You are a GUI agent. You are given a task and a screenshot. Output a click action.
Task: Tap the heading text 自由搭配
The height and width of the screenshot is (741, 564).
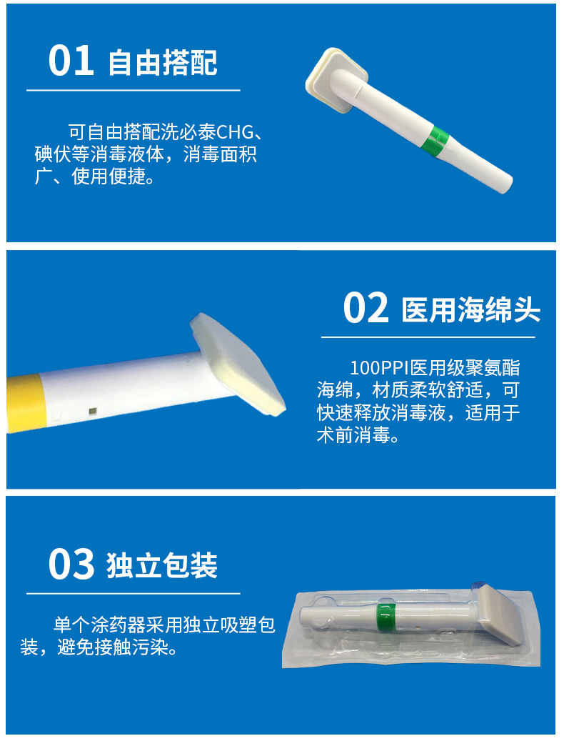coord(163,63)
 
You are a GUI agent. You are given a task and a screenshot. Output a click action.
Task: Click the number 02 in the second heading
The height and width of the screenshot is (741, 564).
coord(366,308)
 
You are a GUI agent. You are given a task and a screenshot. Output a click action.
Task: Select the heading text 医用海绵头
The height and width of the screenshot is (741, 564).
coord(471,310)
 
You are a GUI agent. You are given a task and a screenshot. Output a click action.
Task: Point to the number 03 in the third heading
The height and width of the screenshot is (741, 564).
coord(71,564)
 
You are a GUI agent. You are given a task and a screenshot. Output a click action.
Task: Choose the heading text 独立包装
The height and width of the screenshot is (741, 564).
coord(163,566)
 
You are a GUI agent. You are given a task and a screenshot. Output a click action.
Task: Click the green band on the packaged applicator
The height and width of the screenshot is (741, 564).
coord(386,614)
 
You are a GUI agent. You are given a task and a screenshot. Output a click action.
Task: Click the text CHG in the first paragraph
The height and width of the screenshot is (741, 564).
coord(235,133)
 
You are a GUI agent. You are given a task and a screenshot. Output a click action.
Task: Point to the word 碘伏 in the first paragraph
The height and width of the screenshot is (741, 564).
coord(53,154)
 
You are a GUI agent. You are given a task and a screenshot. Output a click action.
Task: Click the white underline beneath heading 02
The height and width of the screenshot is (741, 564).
coord(428,337)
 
